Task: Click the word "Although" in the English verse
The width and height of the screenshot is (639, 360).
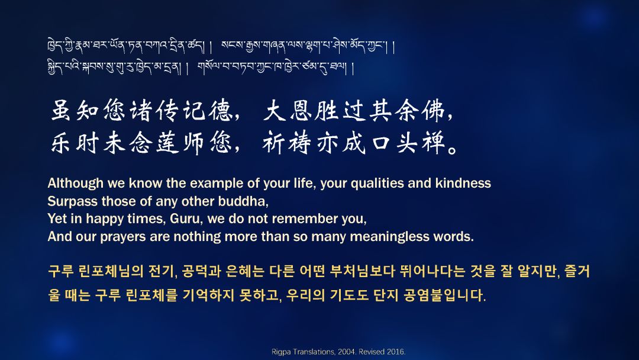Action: [75, 184]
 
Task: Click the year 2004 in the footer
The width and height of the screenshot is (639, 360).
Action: [346, 352]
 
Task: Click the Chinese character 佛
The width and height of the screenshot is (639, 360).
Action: [434, 110]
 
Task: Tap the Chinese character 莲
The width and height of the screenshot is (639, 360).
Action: [167, 143]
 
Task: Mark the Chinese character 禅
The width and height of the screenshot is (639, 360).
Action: [433, 143]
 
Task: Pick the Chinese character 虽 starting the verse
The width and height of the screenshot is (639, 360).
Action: [62, 110]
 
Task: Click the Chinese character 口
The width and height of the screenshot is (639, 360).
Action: [380, 143]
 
